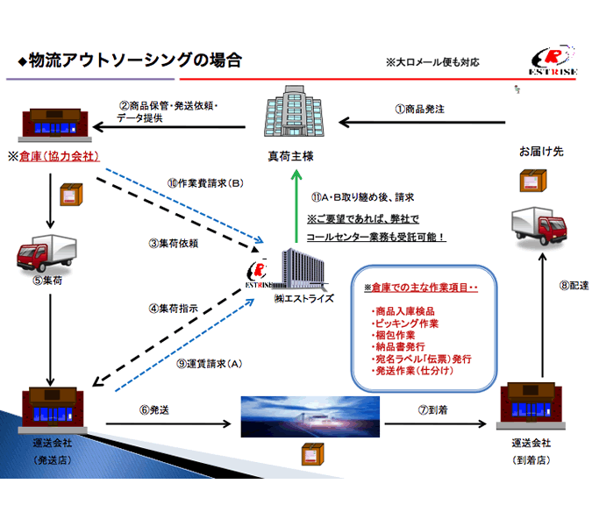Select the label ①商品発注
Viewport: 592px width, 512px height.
pos(419,110)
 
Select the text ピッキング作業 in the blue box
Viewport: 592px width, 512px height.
pos(407,324)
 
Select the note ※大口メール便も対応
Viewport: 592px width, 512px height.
pos(432,63)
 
